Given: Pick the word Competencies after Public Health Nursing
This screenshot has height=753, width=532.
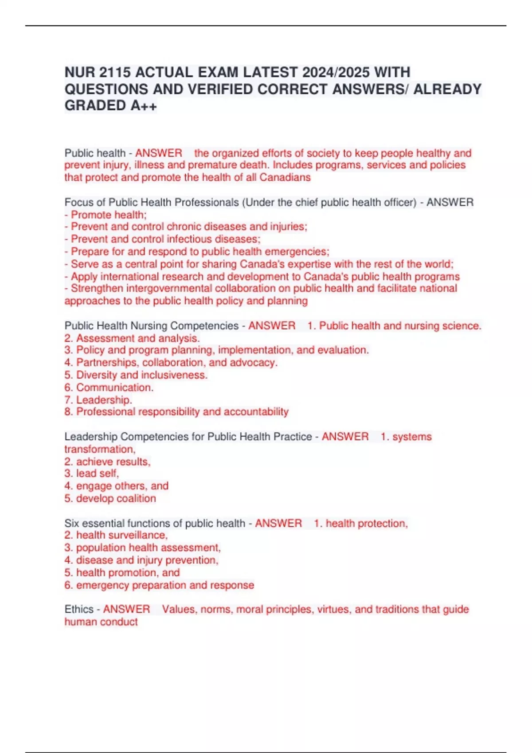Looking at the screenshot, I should click(x=204, y=326).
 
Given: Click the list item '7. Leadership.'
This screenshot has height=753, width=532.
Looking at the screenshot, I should click(x=98, y=400).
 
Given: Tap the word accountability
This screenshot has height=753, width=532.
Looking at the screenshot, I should click(x=256, y=412).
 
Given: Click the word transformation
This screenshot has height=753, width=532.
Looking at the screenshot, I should click(x=100, y=449).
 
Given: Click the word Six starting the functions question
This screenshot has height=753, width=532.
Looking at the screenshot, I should click(x=72, y=523).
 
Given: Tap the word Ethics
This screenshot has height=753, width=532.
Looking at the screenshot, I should click(x=79, y=609).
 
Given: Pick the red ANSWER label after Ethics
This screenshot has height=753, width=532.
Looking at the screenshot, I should click(x=126, y=609).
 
